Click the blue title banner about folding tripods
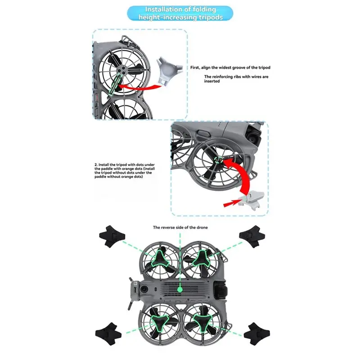pyautogui.click(x=180, y=13)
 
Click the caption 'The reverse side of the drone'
pyautogui.click(x=180, y=227)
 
